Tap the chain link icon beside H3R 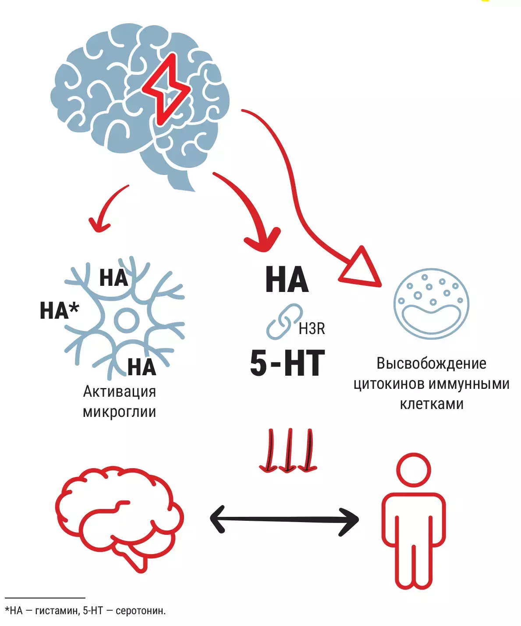point(284,321)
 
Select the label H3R point(312,328)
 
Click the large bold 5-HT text point(287,363)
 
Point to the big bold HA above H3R point(287,280)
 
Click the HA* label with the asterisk point(59,310)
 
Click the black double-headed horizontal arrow point(284,520)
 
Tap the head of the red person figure point(413,470)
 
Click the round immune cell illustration point(431,303)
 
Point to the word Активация point(120,391)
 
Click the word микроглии point(119,412)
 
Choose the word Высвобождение point(431,363)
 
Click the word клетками point(431,404)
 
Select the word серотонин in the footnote point(140,611)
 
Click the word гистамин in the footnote point(56,611)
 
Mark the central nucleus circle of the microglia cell point(127,320)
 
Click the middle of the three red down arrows point(287,451)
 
